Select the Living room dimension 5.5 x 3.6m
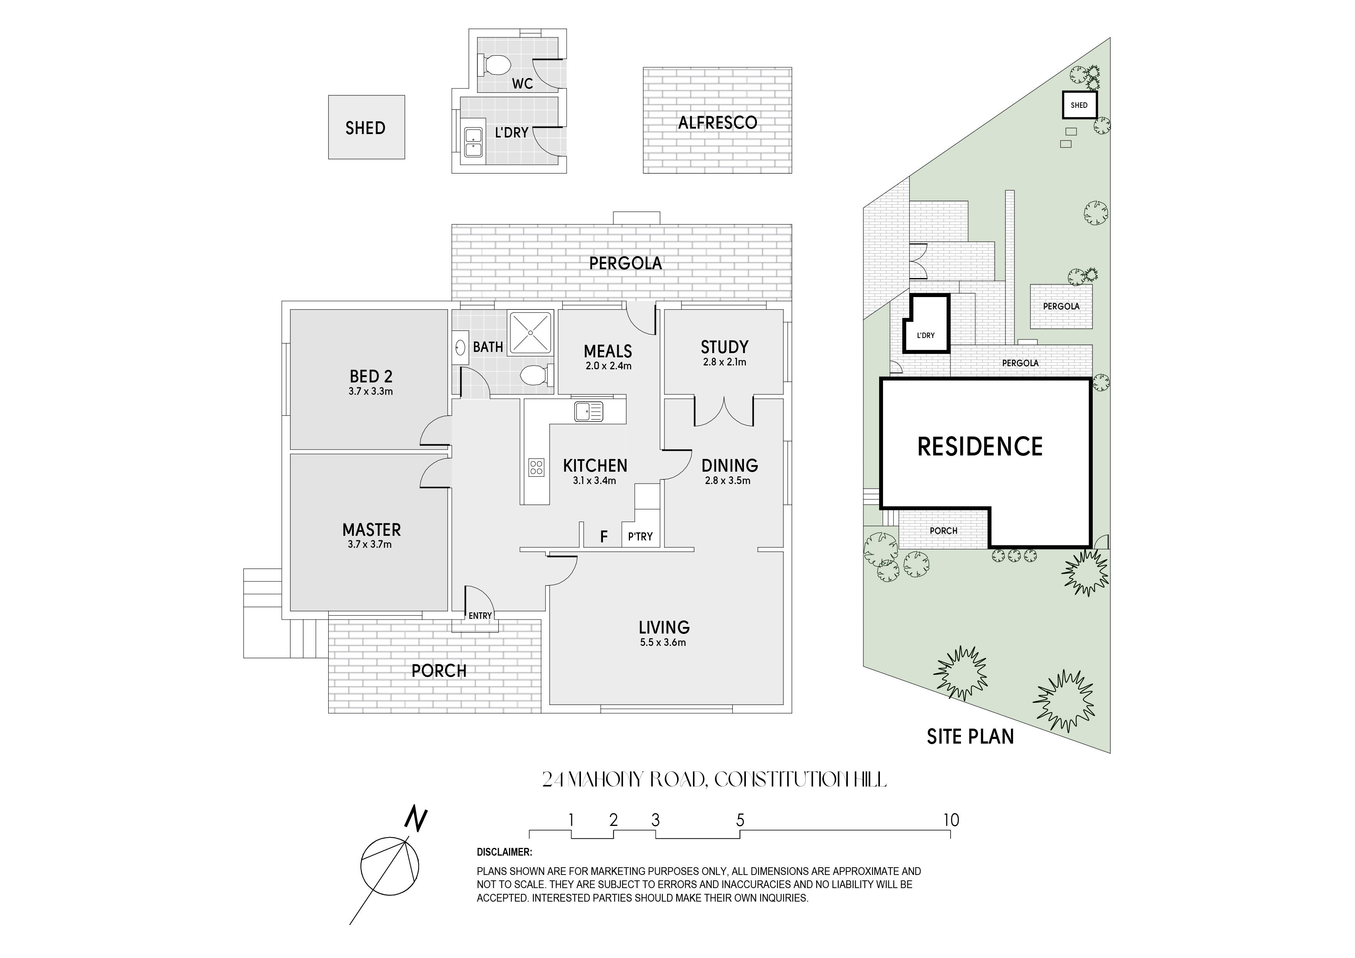click(x=663, y=642)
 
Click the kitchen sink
click(x=588, y=411)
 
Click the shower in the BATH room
click(x=531, y=333)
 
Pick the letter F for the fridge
click(x=604, y=537)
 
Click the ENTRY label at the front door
click(x=480, y=616)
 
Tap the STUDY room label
click(x=724, y=347)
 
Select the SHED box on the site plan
click(x=1079, y=105)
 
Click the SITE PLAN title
click(x=970, y=737)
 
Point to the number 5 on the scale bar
click(x=740, y=820)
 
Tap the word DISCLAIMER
click(x=504, y=852)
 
